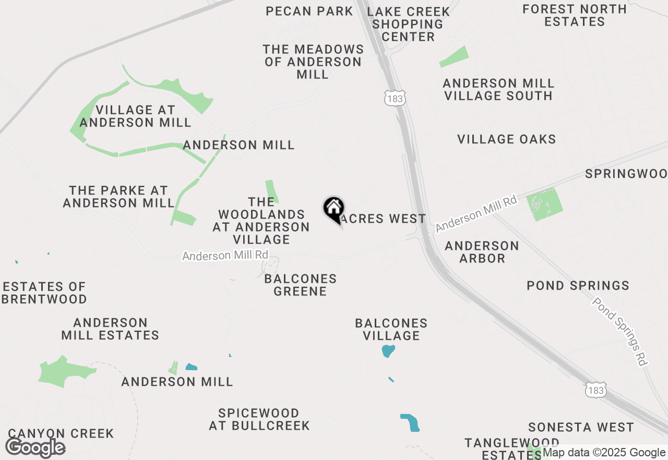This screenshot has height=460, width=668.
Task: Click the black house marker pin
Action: point(333,210)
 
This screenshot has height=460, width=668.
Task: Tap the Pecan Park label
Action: point(309,11)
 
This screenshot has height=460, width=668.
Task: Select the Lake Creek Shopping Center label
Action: point(408,24)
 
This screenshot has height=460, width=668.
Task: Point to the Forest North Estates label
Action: point(574,15)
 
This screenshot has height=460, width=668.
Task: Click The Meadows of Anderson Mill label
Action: point(313,62)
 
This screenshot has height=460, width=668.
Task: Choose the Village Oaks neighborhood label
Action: point(506,139)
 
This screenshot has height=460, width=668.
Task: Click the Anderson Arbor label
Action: point(482,252)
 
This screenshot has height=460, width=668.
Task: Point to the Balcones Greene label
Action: point(300,285)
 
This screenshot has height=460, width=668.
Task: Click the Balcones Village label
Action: point(391,329)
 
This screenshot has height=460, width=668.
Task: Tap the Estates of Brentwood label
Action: point(44,293)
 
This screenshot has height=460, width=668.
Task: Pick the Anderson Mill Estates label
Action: point(110,329)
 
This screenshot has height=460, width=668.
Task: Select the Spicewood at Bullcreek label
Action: point(259,419)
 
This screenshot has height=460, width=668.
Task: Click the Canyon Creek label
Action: point(61,433)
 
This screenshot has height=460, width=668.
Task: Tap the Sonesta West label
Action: point(581,427)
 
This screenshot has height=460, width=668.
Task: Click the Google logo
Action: point(35,447)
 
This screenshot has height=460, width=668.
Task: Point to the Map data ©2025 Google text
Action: point(604,453)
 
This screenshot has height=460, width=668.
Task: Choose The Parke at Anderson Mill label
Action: point(118,197)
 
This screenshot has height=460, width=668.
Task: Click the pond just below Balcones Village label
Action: point(388,351)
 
